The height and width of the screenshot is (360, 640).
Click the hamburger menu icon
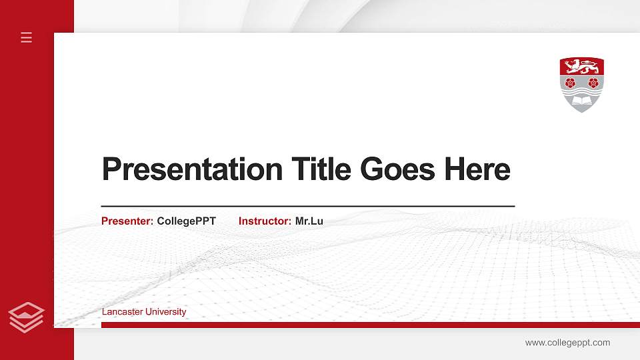coord(27,37)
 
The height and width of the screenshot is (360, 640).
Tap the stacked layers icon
coord(27,317)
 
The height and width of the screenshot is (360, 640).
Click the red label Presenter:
coord(127,221)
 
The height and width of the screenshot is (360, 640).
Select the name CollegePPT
coord(187,221)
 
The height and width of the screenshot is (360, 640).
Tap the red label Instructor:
coord(265,221)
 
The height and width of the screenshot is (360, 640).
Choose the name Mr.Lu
coord(309,221)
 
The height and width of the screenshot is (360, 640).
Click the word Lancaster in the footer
coord(121,312)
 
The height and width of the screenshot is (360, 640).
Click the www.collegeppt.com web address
coord(567,343)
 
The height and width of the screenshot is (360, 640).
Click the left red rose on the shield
coord(569,83)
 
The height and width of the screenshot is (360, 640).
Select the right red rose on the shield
coord(593,83)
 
